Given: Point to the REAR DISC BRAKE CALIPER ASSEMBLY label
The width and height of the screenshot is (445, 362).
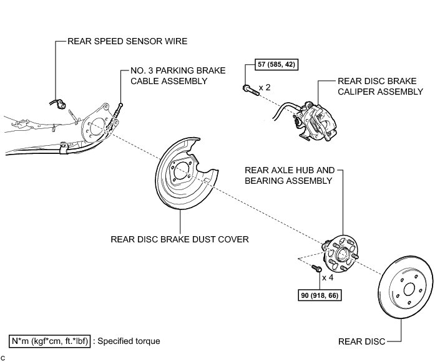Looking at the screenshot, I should click(x=380, y=86).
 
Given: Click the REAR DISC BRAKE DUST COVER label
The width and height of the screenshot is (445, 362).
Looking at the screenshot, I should click(x=180, y=238).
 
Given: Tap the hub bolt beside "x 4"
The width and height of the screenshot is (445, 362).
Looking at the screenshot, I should click(x=316, y=269).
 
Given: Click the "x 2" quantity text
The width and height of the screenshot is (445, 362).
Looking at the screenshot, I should click(x=265, y=88).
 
